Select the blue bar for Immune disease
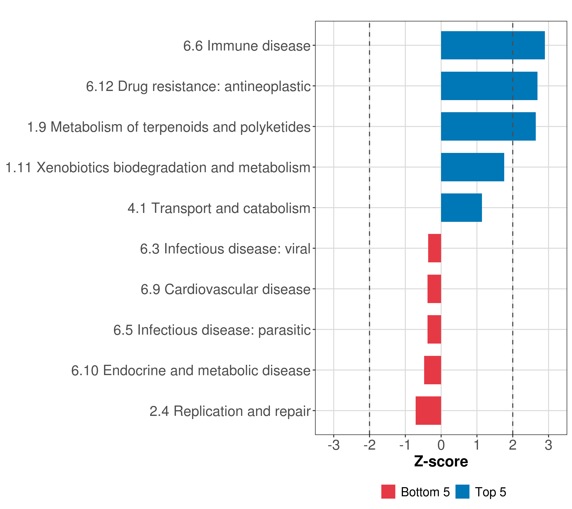(493, 45)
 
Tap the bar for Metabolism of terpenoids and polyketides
(488, 126)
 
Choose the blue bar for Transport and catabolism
(461, 208)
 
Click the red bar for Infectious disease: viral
(435, 248)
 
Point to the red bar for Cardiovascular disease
(434, 289)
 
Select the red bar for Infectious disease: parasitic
(434, 329)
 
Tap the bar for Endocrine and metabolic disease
(433, 370)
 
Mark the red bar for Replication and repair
(428, 411)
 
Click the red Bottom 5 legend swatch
(388, 492)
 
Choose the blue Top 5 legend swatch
(462, 492)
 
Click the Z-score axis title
(441, 461)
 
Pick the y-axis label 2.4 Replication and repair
(230, 411)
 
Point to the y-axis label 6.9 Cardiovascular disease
(226, 289)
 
